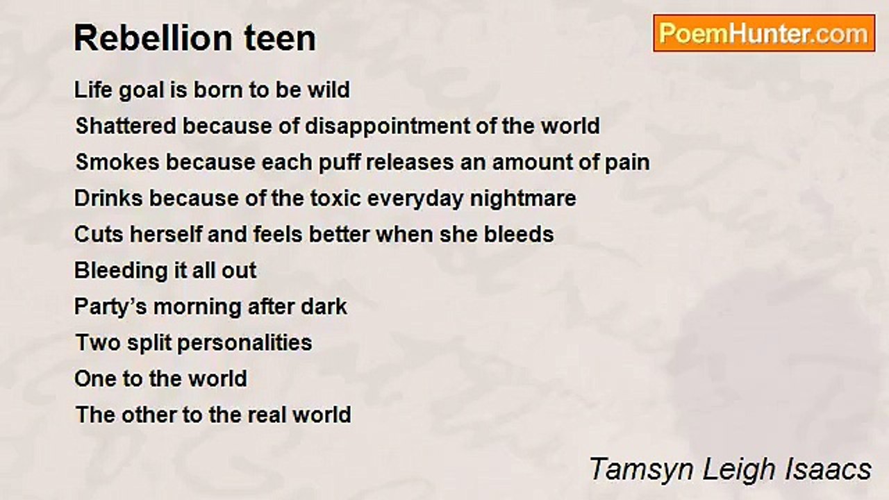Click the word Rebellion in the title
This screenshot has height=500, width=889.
pos(153,38)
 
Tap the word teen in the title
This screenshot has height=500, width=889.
pos(280,39)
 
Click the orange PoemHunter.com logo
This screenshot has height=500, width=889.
pos(764,33)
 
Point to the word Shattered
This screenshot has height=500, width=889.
pos(126,126)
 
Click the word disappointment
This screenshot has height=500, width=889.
pos(387,127)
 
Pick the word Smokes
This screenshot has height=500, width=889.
pos(118,162)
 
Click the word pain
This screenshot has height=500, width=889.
pos(627,163)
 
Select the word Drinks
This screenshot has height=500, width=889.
pos(108,198)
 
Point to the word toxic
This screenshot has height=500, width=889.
pos(335,199)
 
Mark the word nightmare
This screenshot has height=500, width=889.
pos(523,199)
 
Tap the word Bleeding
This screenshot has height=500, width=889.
pos(121,271)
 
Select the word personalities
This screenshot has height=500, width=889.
pos(244,343)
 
